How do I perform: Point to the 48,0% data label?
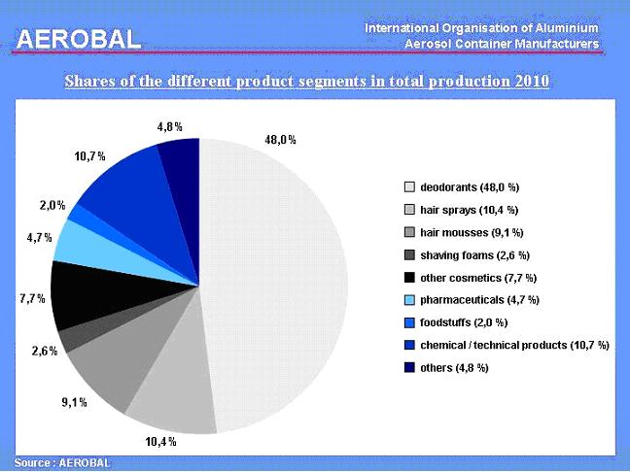281,139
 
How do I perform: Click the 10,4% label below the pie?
160,442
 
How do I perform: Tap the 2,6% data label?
43,351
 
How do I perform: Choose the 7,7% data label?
32,298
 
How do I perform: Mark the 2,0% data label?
52,205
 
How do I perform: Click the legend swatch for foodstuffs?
410,322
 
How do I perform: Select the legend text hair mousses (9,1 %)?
472,232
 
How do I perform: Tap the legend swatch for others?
410,367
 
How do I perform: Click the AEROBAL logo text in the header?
78,38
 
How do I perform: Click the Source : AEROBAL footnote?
62,462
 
